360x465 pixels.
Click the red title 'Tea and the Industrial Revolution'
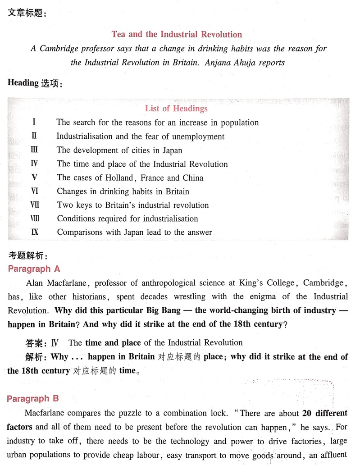pyautogui.click(x=177, y=34)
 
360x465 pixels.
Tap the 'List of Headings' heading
pyautogui.click(x=176, y=108)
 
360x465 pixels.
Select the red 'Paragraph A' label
pyautogui.click(x=34, y=269)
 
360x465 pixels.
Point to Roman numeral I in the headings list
pyautogui.click(x=34, y=122)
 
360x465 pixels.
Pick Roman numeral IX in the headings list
pyautogui.click(x=35, y=232)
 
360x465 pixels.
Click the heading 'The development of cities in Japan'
pyautogui.click(x=119, y=150)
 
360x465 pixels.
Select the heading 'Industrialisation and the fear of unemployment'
pyautogui.click(x=140, y=136)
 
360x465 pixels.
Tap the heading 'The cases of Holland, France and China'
pyautogui.click(x=130, y=178)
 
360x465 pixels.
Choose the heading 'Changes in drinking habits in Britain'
pyautogui.click(x=123, y=191)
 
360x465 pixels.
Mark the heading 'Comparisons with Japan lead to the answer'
pyautogui.click(x=134, y=232)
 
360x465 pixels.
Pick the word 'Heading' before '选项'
pyautogui.click(x=23, y=83)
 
